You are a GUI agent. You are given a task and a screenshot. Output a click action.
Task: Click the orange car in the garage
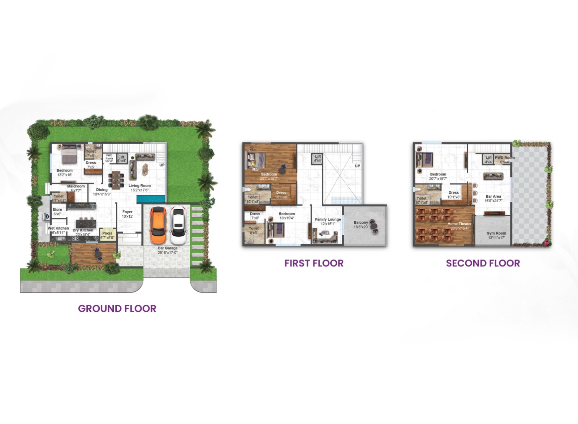click(158, 225)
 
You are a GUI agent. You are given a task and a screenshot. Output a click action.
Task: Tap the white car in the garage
click(178, 226)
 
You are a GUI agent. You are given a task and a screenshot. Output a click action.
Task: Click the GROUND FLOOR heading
click(117, 309)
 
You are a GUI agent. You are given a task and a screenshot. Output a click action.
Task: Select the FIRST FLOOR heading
click(314, 263)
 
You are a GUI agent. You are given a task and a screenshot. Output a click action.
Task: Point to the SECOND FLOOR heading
click(483, 263)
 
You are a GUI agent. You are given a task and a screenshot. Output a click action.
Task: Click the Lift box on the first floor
click(317, 159)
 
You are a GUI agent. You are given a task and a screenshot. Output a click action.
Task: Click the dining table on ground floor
click(116, 180)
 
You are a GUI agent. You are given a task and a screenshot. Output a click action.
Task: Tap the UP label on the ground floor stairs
click(162, 165)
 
